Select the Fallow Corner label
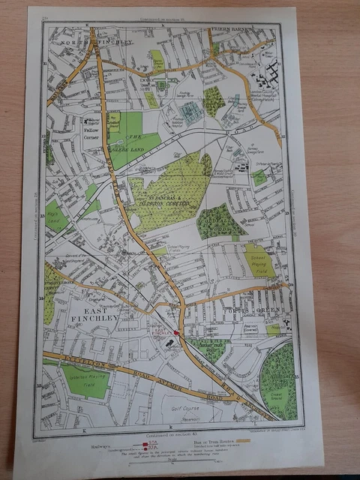coord(93,134)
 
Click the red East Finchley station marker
coord(176,332)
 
